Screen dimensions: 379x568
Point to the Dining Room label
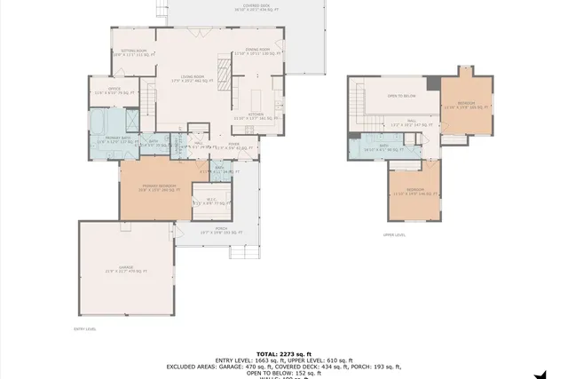258,51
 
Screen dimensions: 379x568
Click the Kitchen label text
256,114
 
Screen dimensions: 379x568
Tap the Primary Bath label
114,139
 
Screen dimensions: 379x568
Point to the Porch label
221,230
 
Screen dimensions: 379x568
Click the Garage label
126,269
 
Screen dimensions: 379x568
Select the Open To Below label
402,95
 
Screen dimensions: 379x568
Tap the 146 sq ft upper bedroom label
414,191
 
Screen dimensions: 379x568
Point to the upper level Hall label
412,122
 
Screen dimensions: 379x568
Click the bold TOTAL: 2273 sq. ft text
284,352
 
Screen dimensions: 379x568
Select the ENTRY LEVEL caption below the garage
85,328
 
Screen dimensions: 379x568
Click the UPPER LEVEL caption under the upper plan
394,235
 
